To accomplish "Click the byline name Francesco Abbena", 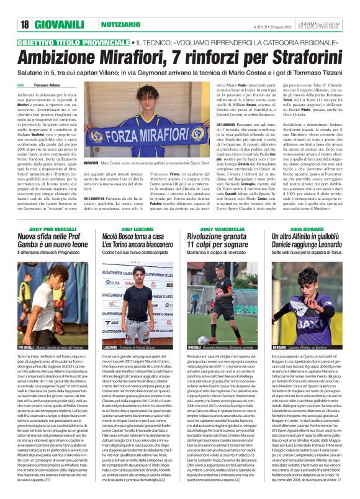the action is [48, 84].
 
